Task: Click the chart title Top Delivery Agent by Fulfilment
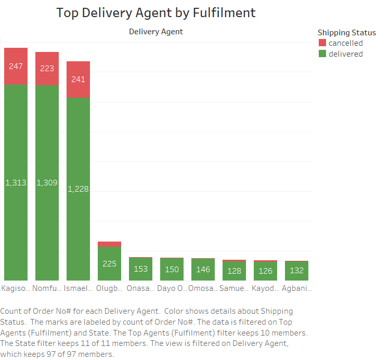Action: (156, 13)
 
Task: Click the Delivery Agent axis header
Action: (156, 32)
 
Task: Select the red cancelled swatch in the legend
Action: (322, 43)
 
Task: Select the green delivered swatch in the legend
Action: (322, 54)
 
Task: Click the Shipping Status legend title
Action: (346, 33)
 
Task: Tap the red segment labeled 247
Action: (16, 66)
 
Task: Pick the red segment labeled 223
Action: (47, 69)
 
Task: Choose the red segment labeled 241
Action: (78, 79)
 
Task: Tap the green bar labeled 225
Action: (109, 263)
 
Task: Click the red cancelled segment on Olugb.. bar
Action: (109, 244)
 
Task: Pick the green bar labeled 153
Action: (140, 269)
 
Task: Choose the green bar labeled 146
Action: (203, 269)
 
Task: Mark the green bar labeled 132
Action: (296, 271)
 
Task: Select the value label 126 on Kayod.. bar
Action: (265, 271)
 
